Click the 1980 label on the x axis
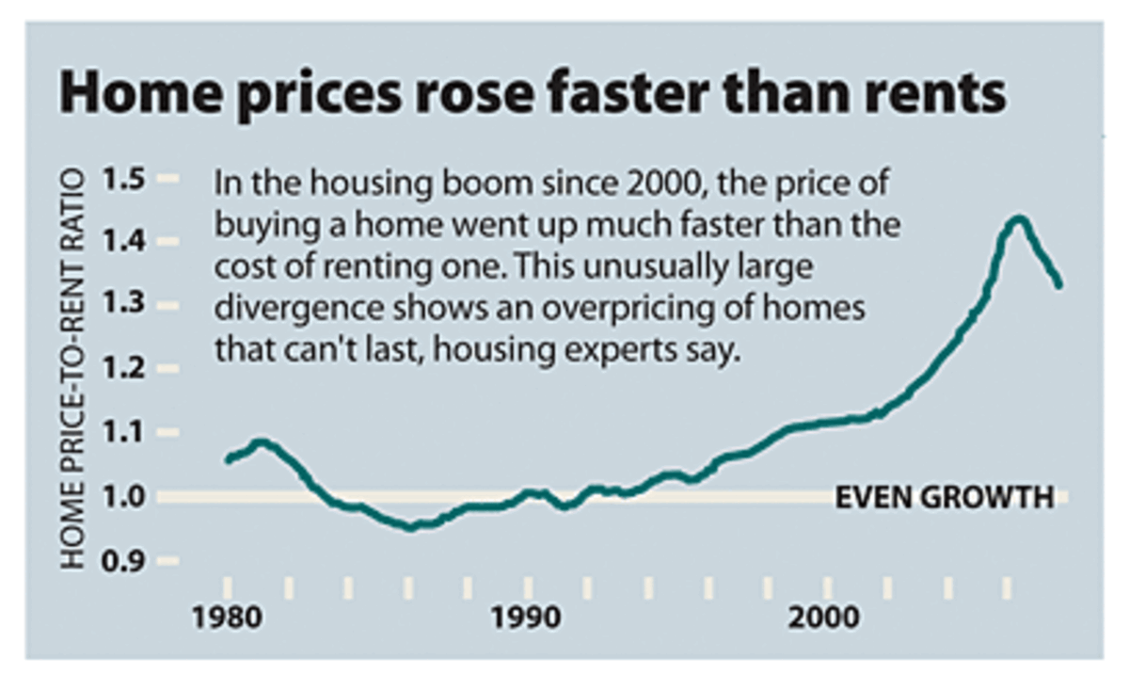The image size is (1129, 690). [226, 620]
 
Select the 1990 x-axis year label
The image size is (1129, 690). [528, 620]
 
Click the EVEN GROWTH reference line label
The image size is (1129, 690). [945, 497]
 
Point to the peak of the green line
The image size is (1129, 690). [1019, 220]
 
